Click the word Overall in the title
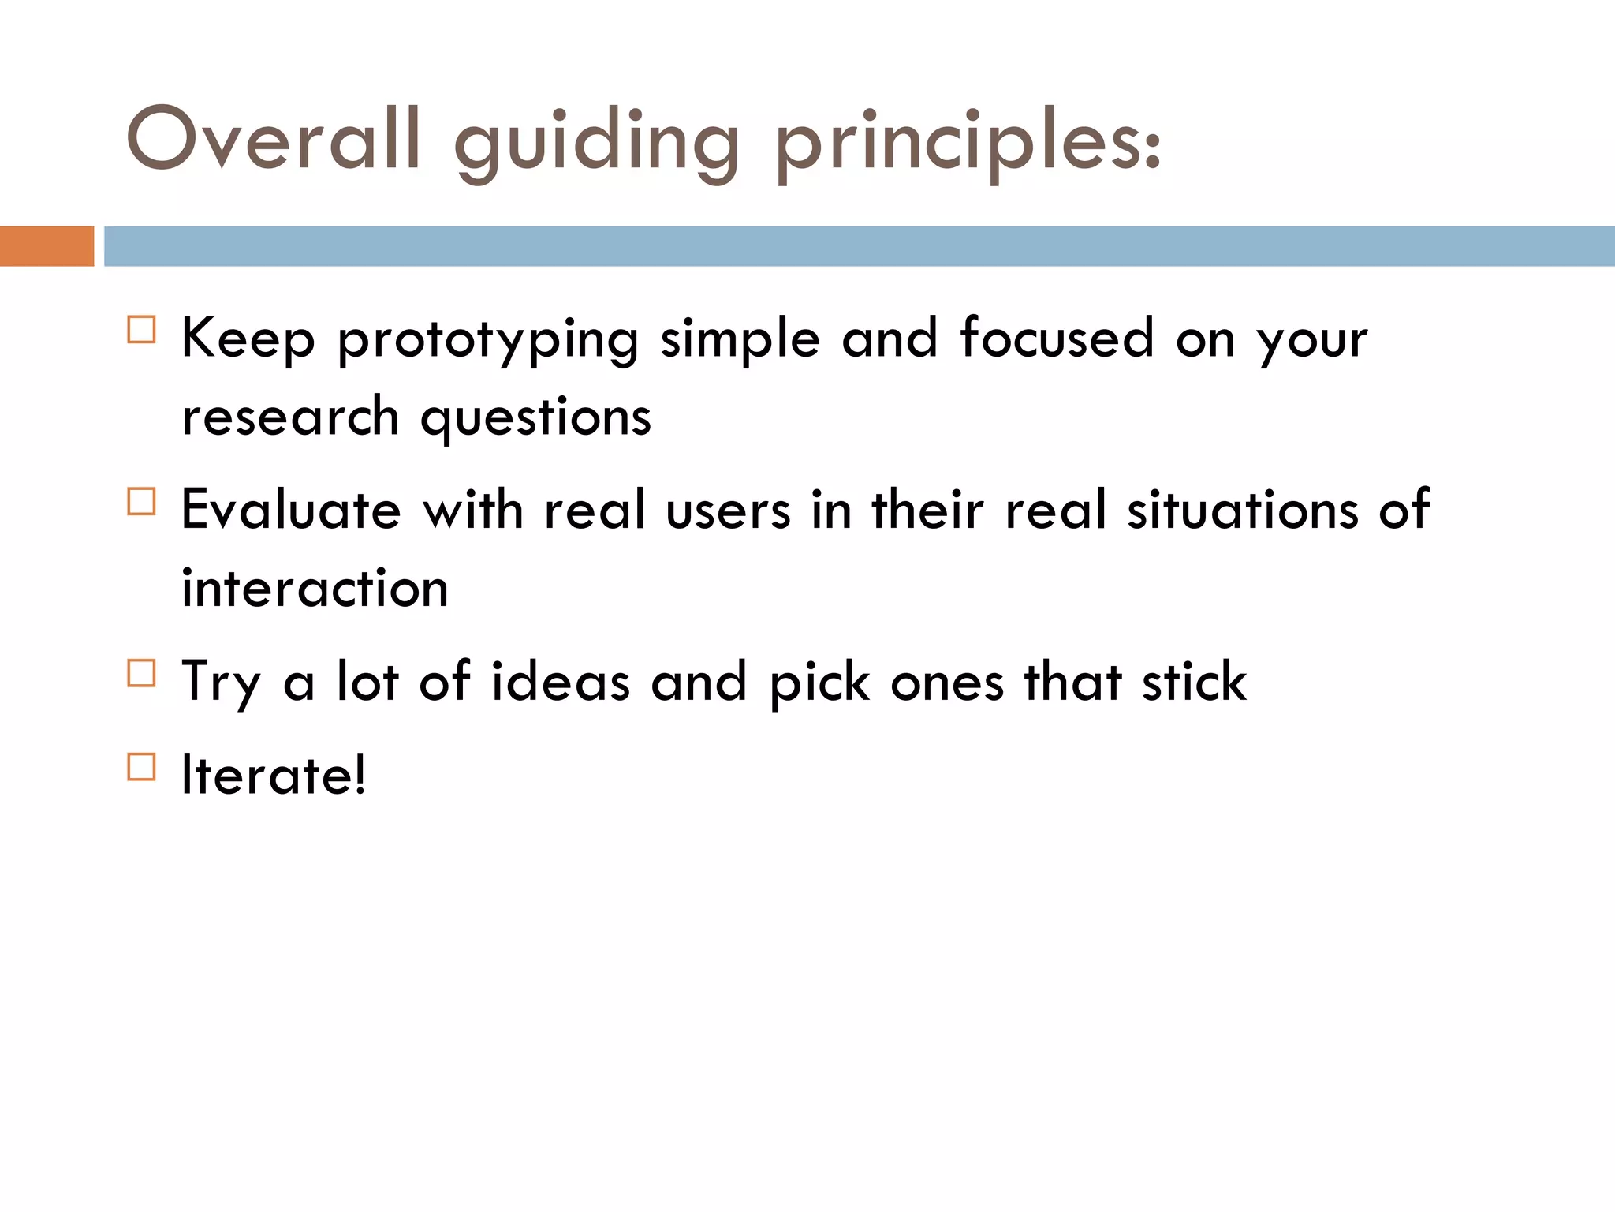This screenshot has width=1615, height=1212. click(x=273, y=139)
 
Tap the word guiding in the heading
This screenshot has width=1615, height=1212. click(x=597, y=144)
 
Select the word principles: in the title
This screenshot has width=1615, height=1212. click(x=968, y=144)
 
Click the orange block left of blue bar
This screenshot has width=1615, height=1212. click(x=47, y=246)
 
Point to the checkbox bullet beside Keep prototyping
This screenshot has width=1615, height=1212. click(x=142, y=329)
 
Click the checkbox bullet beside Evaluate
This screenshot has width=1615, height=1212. click(x=142, y=501)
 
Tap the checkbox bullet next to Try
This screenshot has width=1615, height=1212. click(x=142, y=673)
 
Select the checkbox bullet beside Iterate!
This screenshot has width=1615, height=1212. click(x=142, y=766)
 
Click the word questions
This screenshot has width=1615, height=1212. click(x=535, y=418)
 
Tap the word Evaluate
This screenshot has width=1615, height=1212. click(x=291, y=510)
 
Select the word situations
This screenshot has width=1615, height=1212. click(x=1243, y=510)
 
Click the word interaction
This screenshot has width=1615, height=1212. click(x=315, y=589)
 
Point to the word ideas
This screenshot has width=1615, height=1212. click(x=561, y=682)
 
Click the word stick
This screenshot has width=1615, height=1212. click(x=1194, y=682)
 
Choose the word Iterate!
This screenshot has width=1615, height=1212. click(x=274, y=775)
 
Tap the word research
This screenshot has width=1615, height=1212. click(x=290, y=418)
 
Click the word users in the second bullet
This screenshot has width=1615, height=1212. click(x=728, y=511)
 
